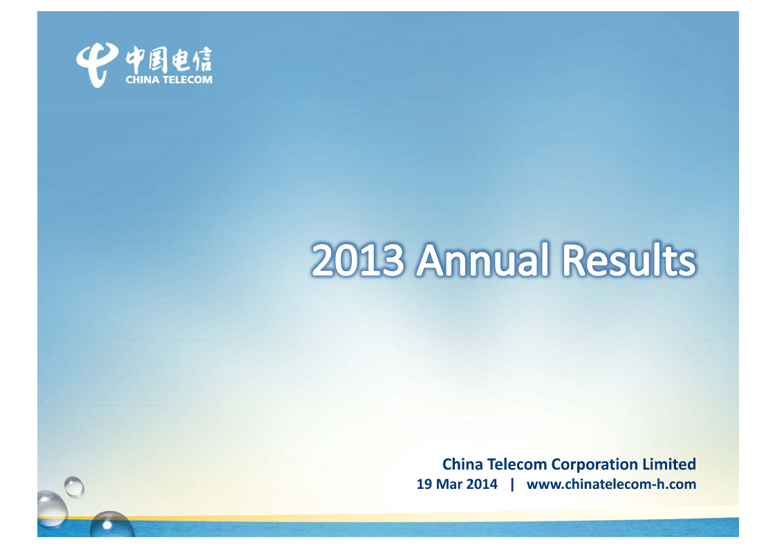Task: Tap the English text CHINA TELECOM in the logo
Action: [169, 80]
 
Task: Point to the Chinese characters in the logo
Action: [169, 60]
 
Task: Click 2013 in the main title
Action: [358, 260]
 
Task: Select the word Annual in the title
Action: [483, 259]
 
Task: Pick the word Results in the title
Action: [629, 259]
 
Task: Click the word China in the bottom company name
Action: [462, 464]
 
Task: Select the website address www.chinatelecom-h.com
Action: [611, 484]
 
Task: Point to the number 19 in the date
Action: [424, 484]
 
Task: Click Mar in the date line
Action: [449, 484]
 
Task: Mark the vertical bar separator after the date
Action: [512, 484]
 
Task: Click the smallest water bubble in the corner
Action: [74, 487]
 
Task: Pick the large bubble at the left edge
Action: [52, 508]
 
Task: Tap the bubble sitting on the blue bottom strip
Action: [112, 524]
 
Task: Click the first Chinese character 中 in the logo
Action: [135, 59]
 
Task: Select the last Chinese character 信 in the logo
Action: [202, 60]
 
